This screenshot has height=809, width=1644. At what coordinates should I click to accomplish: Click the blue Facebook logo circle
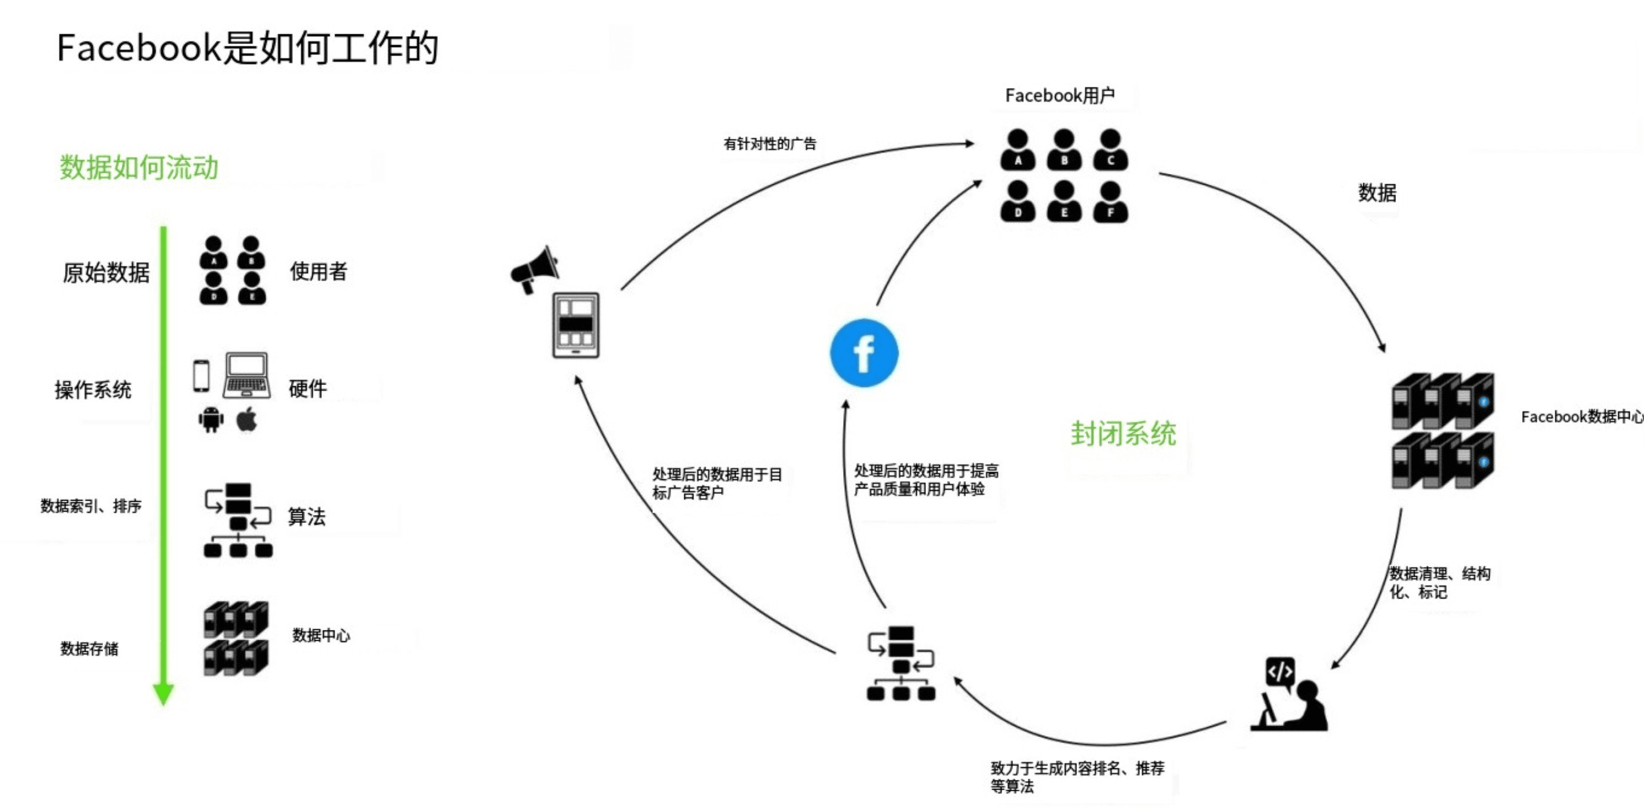[864, 353]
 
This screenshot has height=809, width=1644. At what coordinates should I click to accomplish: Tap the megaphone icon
[535, 269]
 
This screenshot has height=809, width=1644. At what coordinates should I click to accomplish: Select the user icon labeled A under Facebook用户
[1018, 150]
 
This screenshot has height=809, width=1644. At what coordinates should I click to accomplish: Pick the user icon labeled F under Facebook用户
[1111, 202]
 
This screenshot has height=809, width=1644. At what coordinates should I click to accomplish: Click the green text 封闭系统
[1123, 434]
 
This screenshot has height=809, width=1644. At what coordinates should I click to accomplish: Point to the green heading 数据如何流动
[139, 167]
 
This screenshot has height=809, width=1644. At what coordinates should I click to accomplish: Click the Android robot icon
[210, 419]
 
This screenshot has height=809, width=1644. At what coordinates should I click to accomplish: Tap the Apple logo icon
[247, 419]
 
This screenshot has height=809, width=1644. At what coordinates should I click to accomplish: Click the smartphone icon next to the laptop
[201, 375]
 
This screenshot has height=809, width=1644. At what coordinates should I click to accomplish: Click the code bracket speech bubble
[1280, 672]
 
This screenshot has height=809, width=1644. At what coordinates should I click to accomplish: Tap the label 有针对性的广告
[769, 144]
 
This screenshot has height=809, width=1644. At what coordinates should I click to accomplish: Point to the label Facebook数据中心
[1582, 417]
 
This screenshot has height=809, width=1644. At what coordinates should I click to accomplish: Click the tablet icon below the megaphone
[576, 325]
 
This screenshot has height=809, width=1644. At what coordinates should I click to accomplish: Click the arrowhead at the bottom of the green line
[163, 693]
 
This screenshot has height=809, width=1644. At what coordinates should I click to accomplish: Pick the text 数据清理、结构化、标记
[1439, 582]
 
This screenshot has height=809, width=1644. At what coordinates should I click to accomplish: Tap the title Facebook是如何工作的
[248, 48]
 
